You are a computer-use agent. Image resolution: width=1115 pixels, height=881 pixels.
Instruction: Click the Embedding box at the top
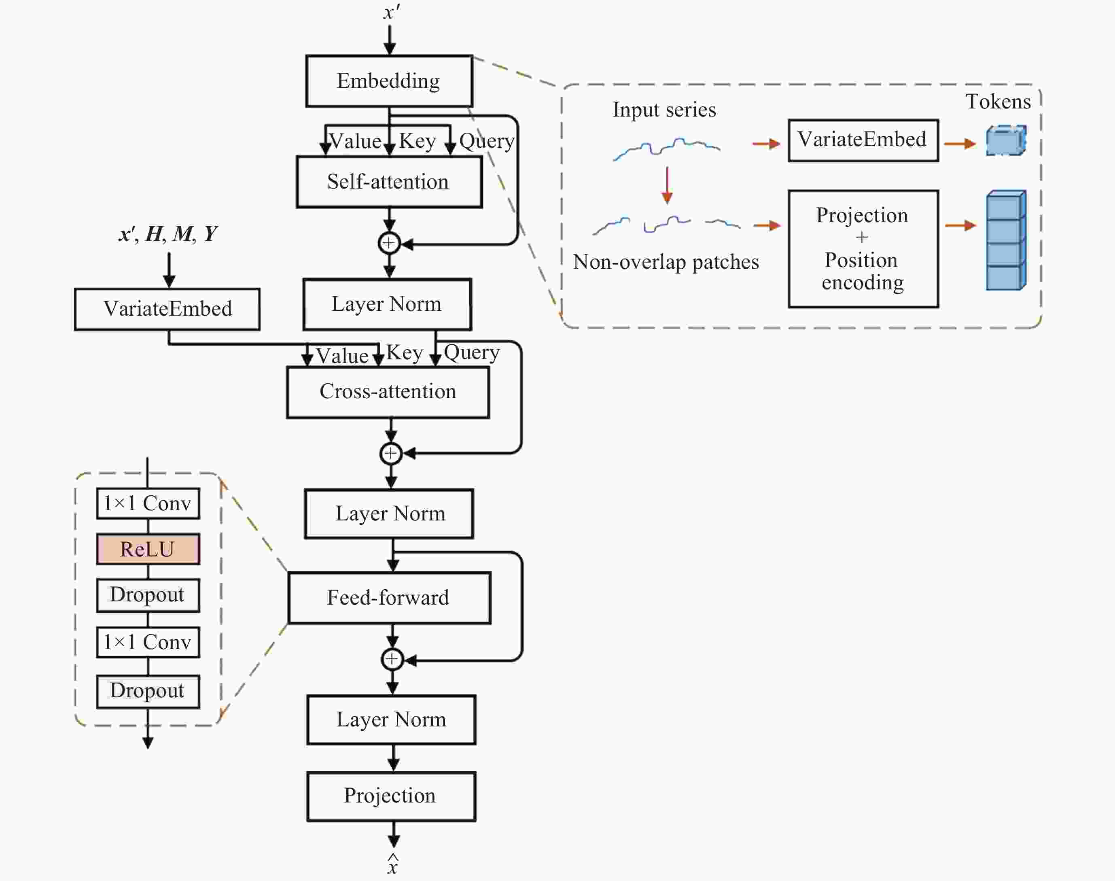(389, 81)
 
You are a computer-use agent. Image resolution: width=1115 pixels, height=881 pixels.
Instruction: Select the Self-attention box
(389, 182)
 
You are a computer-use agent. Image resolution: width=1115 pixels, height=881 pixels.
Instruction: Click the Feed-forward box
(389, 598)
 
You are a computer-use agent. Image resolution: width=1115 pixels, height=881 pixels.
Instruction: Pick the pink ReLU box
(148, 549)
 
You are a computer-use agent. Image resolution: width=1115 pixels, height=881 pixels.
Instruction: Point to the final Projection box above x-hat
(391, 796)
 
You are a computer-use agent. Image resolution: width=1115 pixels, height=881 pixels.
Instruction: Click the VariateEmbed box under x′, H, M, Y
(167, 309)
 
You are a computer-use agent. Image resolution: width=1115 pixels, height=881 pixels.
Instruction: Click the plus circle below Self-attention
(389, 243)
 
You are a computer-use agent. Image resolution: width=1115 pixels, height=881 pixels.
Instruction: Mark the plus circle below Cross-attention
(391, 453)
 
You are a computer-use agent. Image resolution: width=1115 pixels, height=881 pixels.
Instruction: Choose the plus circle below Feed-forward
(392, 659)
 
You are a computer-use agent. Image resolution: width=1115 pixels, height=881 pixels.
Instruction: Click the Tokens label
(998, 102)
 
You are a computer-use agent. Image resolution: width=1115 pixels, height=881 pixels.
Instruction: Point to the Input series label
(664, 110)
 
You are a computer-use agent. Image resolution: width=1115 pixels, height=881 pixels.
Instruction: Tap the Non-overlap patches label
(666, 262)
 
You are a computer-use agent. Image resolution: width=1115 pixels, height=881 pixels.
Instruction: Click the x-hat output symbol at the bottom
(393, 864)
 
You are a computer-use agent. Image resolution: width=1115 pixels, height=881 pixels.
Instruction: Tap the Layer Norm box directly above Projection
(391, 720)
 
